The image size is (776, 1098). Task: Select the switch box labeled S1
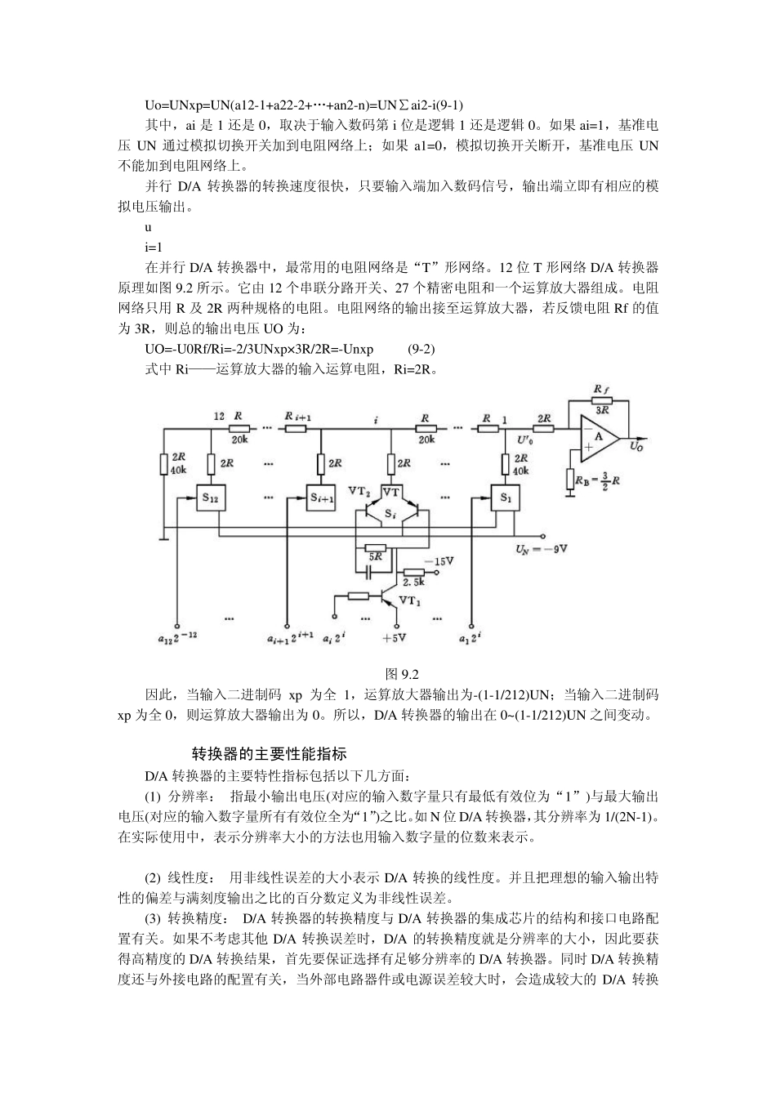(x=505, y=497)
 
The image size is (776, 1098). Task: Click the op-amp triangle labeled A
(x=600, y=437)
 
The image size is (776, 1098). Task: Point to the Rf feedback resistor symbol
(x=600, y=400)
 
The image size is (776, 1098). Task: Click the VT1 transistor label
(x=412, y=600)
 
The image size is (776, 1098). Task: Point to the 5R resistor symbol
(x=376, y=547)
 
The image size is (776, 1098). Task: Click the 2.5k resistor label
(x=414, y=583)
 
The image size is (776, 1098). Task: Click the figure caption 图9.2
(x=402, y=674)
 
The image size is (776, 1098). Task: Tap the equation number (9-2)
(x=421, y=350)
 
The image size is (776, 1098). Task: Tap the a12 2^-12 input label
(x=177, y=637)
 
